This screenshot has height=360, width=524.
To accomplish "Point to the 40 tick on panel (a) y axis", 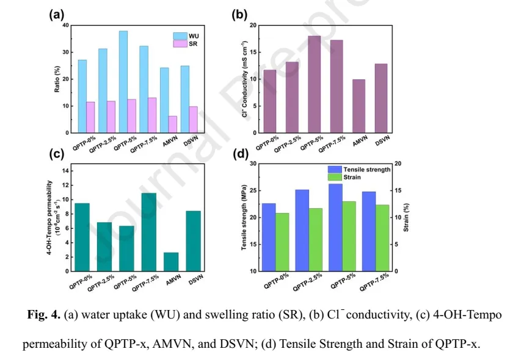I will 65,26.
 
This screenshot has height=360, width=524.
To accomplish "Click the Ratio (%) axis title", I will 57,79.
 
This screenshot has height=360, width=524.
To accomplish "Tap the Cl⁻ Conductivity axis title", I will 244,79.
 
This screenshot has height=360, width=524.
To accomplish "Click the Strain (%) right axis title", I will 412,217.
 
